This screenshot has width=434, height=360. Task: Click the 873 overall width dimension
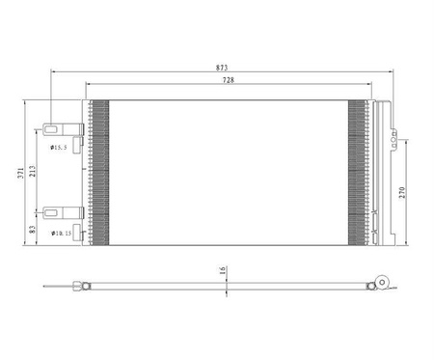coord(222,68)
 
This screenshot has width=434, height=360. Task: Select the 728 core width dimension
coord(229,80)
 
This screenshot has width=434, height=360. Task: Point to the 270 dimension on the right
coord(402,192)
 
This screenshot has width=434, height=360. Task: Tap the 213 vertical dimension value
coord(32,171)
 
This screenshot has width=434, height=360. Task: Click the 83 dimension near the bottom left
coord(32,229)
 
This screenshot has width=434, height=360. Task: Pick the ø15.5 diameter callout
coord(59,148)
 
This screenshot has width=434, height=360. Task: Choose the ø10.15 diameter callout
coord(61,233)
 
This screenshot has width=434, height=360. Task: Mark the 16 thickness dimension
coord(223,270)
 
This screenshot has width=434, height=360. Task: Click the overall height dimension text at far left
coord(20,173)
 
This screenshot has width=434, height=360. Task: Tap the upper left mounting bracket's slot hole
coord(51,129)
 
